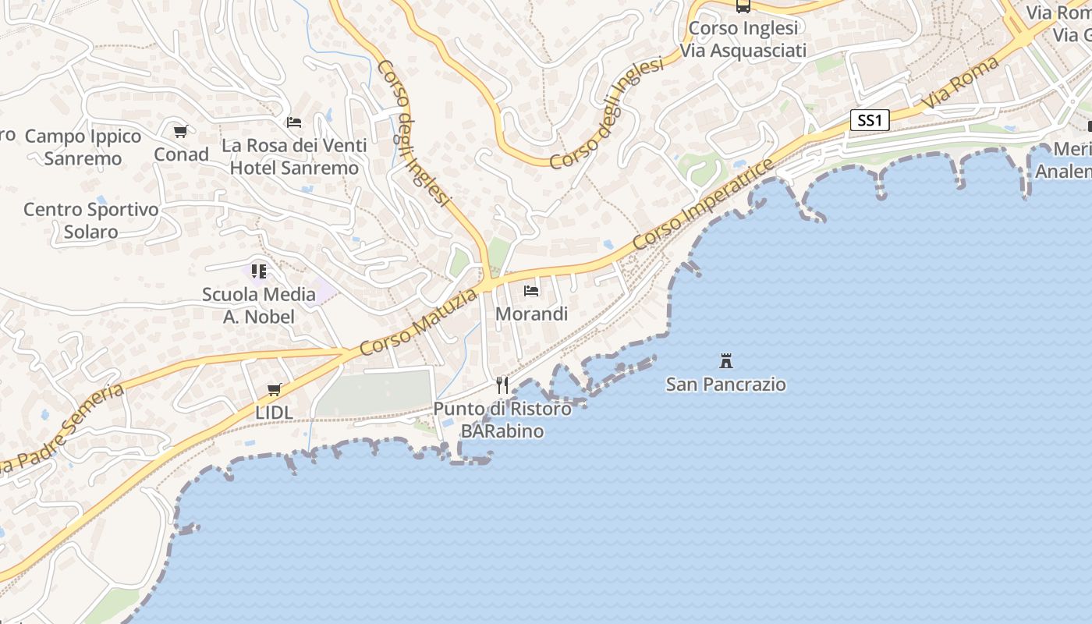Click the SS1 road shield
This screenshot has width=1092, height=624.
(x=869, y=120)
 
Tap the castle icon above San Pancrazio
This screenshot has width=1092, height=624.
(x=726, y=361)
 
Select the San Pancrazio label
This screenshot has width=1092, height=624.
(x=725, y=385)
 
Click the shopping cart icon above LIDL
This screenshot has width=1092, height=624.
(x=274, y=389)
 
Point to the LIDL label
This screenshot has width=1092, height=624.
(x=274, y=412)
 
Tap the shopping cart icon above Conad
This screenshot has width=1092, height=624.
(x=181, y=132)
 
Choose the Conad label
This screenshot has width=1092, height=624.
(x=181, y=154)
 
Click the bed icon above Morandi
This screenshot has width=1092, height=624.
(x=531, y=291)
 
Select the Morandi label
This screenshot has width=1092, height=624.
(x=531, y=314)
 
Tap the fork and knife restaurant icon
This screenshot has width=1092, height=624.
(x=502, y=385)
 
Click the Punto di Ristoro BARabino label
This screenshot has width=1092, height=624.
(x=502, y=420)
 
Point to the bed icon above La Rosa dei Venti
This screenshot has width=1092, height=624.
(x=294, y=122)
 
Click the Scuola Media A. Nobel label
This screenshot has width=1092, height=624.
(x=259, y=306)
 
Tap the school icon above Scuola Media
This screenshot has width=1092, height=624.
(x=259, y=271)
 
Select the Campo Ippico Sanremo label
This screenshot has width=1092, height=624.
(x=83, y=147)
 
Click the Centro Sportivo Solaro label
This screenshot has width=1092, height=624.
(x=90, y=221)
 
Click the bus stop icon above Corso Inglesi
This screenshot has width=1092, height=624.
(x=743, y=6)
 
